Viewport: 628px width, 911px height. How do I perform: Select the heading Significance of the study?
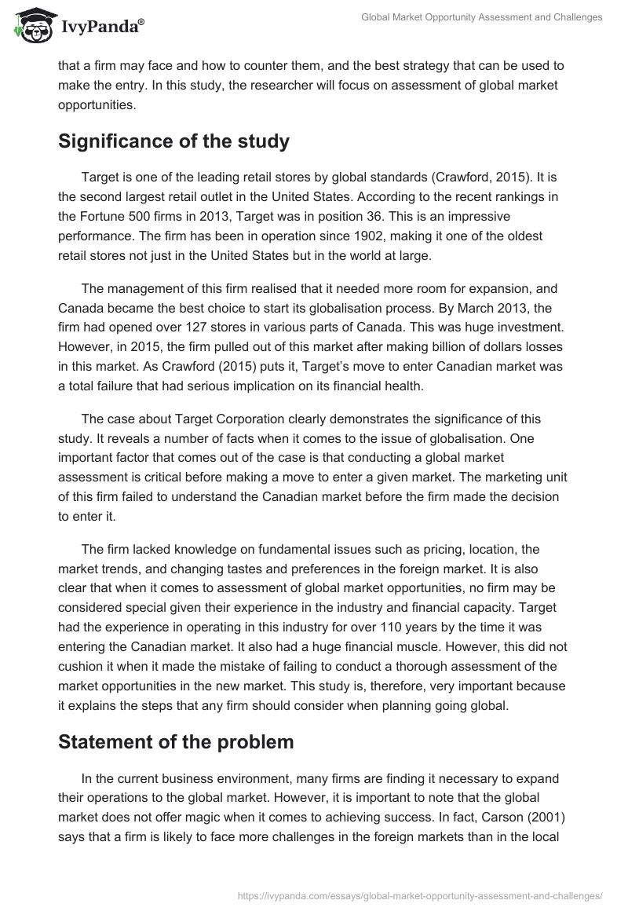173,142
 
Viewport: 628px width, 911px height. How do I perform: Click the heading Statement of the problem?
176,741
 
